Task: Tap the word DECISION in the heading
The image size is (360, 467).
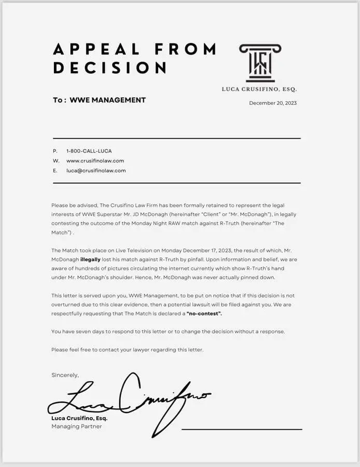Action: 109,68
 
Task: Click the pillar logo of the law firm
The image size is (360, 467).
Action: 260,63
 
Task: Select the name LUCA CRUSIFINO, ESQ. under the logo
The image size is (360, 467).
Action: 259,89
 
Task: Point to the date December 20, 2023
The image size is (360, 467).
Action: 273,103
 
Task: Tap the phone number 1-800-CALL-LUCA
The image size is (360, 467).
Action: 89,151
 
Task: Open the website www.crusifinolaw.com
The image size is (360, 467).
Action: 95,161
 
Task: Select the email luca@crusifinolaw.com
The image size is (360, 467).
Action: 96,170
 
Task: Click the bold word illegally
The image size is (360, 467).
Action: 91,259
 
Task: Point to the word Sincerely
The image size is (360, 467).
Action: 65,375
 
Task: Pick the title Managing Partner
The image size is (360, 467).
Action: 77,427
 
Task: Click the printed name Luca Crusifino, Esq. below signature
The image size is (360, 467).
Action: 79,418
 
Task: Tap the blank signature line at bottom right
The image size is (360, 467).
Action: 242,429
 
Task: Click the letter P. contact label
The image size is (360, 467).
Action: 55,151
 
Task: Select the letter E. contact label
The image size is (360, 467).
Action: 55,170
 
